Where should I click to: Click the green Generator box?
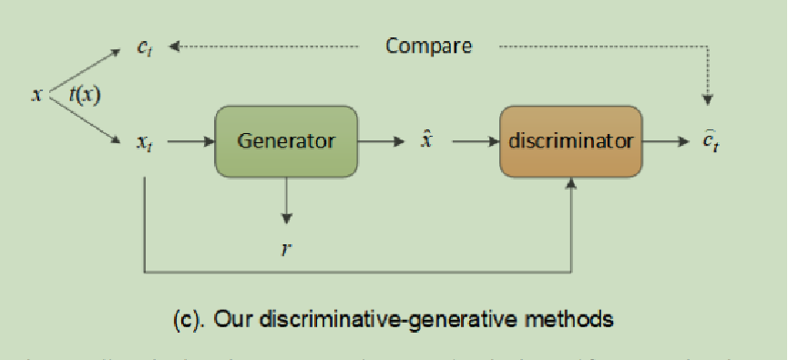(x=286, y=141)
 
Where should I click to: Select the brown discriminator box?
(x=570, y=141)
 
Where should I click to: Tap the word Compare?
(x=428, y=46)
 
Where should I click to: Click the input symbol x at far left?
(x=36, y=94)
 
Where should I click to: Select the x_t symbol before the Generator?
(x=144, y=142)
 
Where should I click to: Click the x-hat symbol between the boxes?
(x=425, y=140)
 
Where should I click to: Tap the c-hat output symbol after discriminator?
(x=711, y=142)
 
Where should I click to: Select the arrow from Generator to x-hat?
(x=381, y=141)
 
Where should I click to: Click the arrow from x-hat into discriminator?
(x=474, y=141)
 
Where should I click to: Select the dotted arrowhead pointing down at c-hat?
(x=710, y=98)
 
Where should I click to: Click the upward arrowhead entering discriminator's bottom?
(x=571, y=184)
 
